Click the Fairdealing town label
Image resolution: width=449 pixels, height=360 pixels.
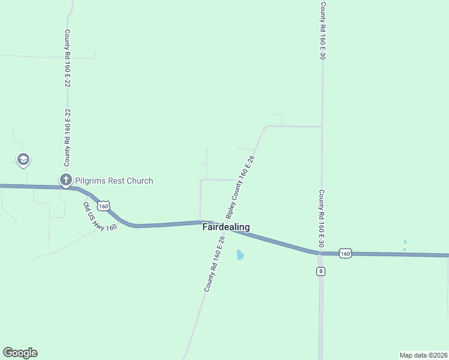(x=226, y=227)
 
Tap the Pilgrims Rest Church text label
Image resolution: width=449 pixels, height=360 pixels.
(x=114, y=181)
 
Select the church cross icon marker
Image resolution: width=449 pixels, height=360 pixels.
(x=65, y=179)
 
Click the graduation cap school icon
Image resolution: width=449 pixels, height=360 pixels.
(x=23, y=160)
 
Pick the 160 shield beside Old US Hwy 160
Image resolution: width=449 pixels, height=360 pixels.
(x=104, y=206)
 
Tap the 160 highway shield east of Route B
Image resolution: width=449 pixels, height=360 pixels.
(x=345, y=253)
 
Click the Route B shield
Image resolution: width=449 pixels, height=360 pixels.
(x=321, y=271)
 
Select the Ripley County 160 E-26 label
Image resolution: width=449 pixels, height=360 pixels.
(x=240, y=187)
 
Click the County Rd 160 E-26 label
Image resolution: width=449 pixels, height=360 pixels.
(x=214, y=264)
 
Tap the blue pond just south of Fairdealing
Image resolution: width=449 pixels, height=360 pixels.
(x=240, y=255)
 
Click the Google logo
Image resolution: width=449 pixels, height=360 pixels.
(x=20, y=353)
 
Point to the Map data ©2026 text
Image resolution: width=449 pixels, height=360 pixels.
(x=423, y=355)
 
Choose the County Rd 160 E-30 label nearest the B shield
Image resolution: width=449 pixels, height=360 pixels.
(x=321, y=218)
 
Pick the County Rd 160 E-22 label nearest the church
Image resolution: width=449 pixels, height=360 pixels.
(x=68, y=137)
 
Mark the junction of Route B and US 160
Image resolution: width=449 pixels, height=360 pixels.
(x=320, y=253)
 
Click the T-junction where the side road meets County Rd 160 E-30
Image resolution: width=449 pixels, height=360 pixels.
(x=322, y=127)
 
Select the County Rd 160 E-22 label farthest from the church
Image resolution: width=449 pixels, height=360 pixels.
(x=67, y=59)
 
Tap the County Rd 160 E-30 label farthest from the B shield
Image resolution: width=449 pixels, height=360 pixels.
(x=322, y=31)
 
